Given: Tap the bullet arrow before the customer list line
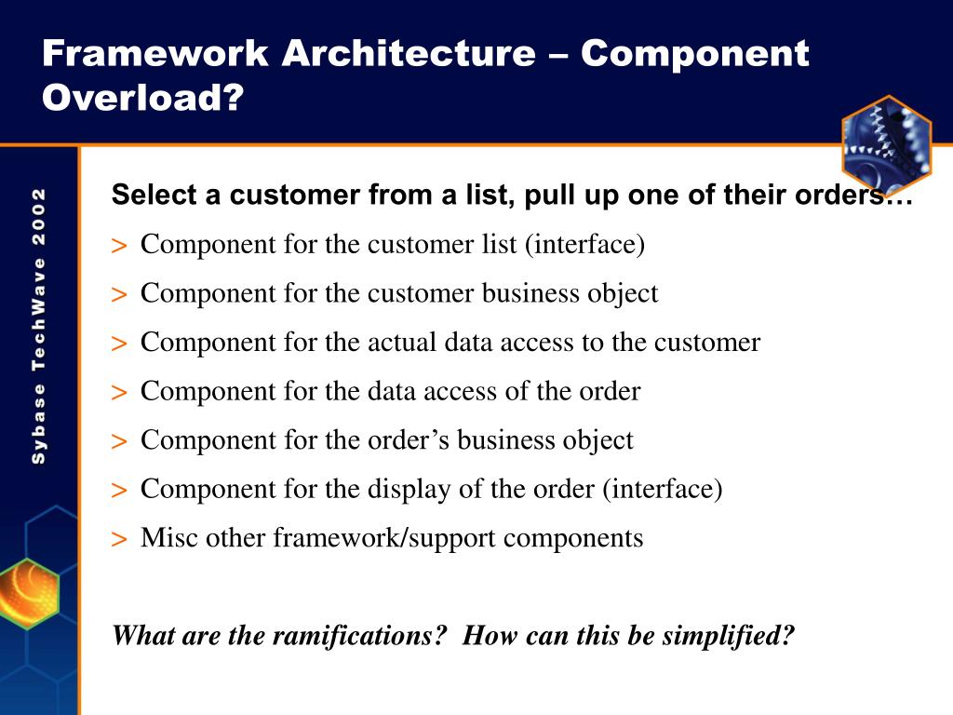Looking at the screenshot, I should [x=119, y=246].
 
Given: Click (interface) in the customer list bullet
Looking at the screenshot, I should [x=584, y=245].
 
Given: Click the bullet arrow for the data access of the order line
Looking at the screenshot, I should [x=119, y=392].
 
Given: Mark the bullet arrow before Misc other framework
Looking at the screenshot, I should [x=119, y=539].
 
